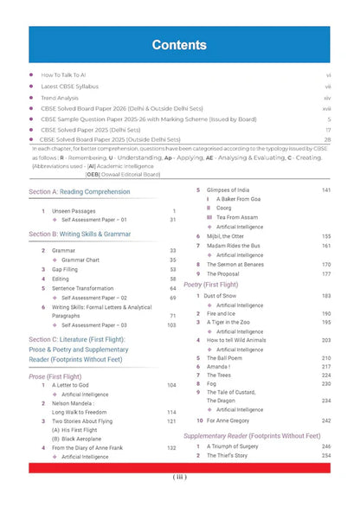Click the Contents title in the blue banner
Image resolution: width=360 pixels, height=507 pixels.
pyautogui.click(x=179, y=44)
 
